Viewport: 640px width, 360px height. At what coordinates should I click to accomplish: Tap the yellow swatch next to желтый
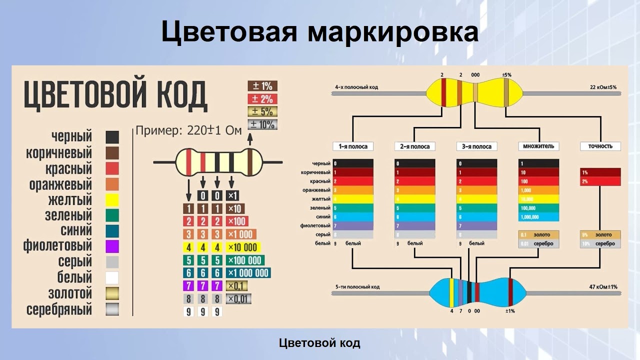[112, 200]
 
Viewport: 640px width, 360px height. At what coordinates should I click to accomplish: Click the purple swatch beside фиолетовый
[112, 246]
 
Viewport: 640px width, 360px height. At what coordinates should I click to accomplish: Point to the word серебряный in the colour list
[59, 309]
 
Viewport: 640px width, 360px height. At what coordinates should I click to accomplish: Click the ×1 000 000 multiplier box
[248, 273]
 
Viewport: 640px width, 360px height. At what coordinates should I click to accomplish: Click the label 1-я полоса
[353, 146]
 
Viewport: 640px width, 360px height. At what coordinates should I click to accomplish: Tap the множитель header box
[538, 146]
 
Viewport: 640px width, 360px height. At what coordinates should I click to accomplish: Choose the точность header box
[600, 146]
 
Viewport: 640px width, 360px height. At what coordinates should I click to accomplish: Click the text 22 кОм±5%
[603, 87]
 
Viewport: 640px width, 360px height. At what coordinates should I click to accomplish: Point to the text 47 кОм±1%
[603, 286]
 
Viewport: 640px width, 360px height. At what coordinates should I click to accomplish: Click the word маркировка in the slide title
[392, 32]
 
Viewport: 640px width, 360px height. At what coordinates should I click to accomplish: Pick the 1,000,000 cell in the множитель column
[538, 217]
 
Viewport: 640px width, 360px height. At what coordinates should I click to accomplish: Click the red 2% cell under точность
[600, 181]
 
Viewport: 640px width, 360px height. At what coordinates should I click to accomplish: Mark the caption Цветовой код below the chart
[319, 343]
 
